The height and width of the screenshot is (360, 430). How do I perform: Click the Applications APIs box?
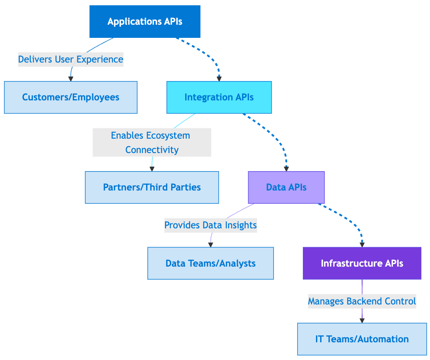point(145,21)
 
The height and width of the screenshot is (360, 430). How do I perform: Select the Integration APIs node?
point(219,97)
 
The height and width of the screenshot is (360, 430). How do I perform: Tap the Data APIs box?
point(286,187)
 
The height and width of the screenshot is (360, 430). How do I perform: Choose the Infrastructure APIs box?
point(362,263)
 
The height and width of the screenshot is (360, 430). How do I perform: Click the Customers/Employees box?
point(70,97)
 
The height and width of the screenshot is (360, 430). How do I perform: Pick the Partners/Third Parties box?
point(152,187)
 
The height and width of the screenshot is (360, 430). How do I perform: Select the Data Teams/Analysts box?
point(210,263)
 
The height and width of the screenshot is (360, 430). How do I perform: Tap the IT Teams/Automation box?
point(362,339)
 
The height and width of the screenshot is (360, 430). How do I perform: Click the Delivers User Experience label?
point(70,59)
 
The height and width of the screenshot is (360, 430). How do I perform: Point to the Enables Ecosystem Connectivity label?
point(152,142)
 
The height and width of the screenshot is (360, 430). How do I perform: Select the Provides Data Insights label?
point(210,225)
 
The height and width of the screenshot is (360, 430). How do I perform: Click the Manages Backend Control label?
point(362,301)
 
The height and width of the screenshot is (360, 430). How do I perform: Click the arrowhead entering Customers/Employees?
point(70,79)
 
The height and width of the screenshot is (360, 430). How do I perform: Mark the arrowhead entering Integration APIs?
point(219,79)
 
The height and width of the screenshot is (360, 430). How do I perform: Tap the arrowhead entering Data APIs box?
point(286,169)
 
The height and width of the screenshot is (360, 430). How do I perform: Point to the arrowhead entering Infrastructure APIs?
point(362,244)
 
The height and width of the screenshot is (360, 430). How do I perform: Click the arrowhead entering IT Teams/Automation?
point(362,321)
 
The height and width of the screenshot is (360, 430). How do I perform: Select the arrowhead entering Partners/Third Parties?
point(152,169)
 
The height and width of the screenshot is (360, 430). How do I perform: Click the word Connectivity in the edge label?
point(152,150)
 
